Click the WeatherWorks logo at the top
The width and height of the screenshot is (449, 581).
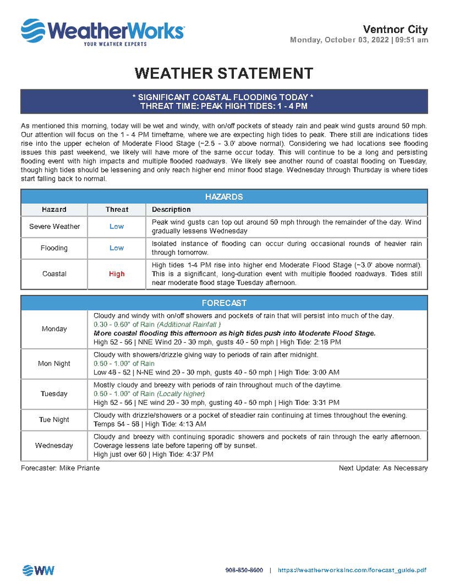click(102, 32)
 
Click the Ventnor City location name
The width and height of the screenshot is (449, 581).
click(395, 29)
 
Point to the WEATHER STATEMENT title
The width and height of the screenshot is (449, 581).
click(224, 73)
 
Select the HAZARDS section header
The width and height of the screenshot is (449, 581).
click(224, 197)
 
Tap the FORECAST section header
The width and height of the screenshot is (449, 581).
click(224, 303)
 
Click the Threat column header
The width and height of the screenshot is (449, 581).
click(117, 209)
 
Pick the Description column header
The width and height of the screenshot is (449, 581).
click(171, 209)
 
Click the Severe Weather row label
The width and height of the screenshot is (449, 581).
click(54, 226)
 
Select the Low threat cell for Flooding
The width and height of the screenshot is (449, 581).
click(117, 248)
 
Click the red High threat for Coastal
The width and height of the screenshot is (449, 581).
click(117, 274)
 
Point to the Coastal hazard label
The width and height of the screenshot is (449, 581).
click(54, 274)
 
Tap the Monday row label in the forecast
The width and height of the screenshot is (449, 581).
click(54, 329)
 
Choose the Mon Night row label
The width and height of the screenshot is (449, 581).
click(54, 363)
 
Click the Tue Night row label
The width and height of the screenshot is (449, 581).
click(54, 420)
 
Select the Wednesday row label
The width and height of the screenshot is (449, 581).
click(54, 445)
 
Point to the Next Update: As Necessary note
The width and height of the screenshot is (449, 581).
click(383, 468)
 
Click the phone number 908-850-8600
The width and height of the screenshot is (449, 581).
click(244, 570)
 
